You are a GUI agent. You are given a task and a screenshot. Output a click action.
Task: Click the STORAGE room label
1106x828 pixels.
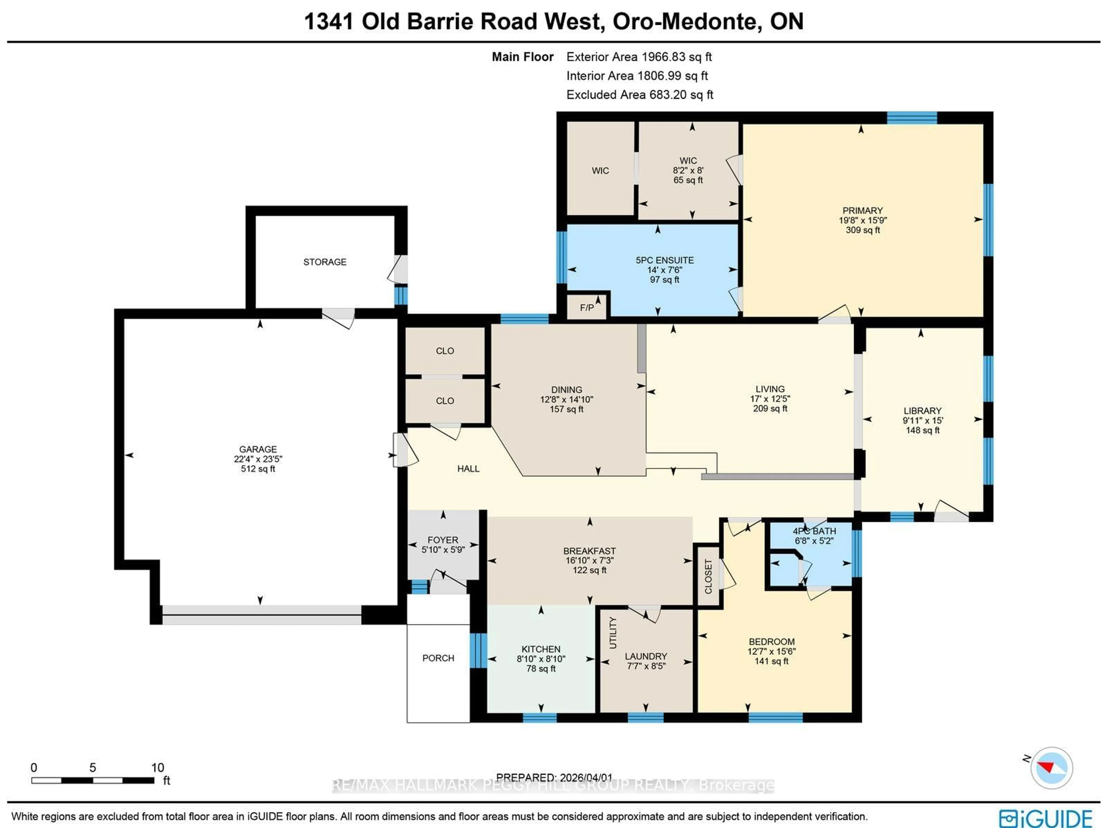325,262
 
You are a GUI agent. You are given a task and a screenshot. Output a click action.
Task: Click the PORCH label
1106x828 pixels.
438,658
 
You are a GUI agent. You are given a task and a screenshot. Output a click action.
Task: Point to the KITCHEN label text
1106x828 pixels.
541,649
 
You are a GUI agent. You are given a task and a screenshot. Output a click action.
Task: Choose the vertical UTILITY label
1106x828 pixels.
613,632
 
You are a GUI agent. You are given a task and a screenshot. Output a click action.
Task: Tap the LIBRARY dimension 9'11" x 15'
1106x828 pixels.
923,420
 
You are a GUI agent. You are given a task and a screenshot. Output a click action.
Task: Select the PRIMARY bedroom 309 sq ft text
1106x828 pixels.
863,230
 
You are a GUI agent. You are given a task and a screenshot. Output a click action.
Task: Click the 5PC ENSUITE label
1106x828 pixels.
664,260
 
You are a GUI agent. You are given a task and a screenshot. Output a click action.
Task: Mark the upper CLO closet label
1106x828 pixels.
444,351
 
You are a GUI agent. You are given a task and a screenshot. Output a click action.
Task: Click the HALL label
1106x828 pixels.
468,469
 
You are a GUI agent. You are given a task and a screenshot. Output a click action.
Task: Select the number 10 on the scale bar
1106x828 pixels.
158,768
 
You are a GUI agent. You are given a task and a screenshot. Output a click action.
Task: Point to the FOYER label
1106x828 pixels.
442,540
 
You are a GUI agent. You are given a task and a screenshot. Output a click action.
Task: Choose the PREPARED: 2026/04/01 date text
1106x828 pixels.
554,778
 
